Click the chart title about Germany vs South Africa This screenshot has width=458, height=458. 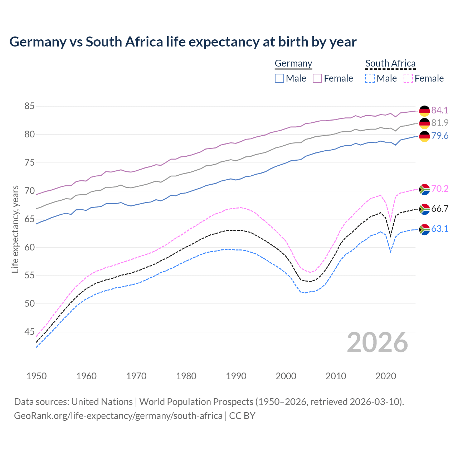183,42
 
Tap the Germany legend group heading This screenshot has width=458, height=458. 293,63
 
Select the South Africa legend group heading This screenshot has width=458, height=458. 390,63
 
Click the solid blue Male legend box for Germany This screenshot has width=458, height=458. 279,78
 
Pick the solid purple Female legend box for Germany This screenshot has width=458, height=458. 317,78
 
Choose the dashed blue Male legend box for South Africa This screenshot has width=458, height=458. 370,78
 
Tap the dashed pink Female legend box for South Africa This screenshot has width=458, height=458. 408,78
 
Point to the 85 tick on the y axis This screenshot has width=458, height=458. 29,106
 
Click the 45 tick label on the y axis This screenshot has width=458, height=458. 29,332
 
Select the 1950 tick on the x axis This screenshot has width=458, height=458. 36,376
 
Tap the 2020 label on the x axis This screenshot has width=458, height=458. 386,376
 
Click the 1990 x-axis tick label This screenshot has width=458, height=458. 236,376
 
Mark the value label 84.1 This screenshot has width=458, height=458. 440,110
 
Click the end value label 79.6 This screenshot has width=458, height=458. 440,136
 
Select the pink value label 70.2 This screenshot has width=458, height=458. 440,189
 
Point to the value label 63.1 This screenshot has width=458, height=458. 440,229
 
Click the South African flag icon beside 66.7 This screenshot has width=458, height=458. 424,209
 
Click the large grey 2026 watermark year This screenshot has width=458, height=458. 377,343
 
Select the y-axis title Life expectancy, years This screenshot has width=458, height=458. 15,229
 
